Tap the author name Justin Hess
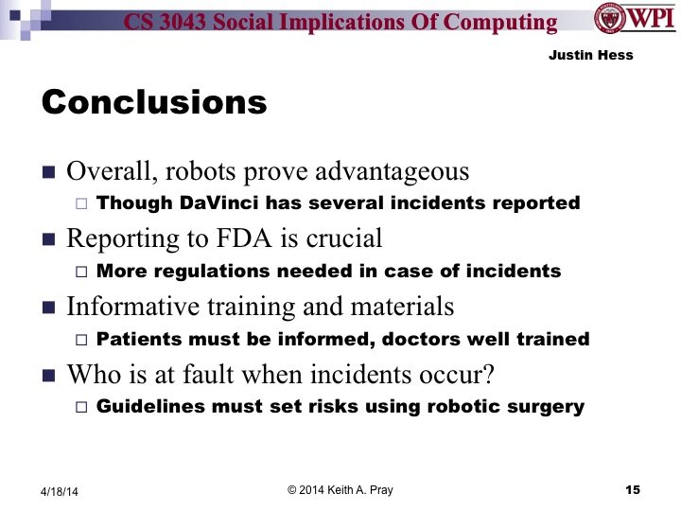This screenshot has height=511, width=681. point(590,55)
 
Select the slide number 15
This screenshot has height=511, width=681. point(633,489)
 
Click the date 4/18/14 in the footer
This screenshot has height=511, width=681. point(60,490)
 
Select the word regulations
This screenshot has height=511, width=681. point(212,271)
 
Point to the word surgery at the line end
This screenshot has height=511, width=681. point(547,407)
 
